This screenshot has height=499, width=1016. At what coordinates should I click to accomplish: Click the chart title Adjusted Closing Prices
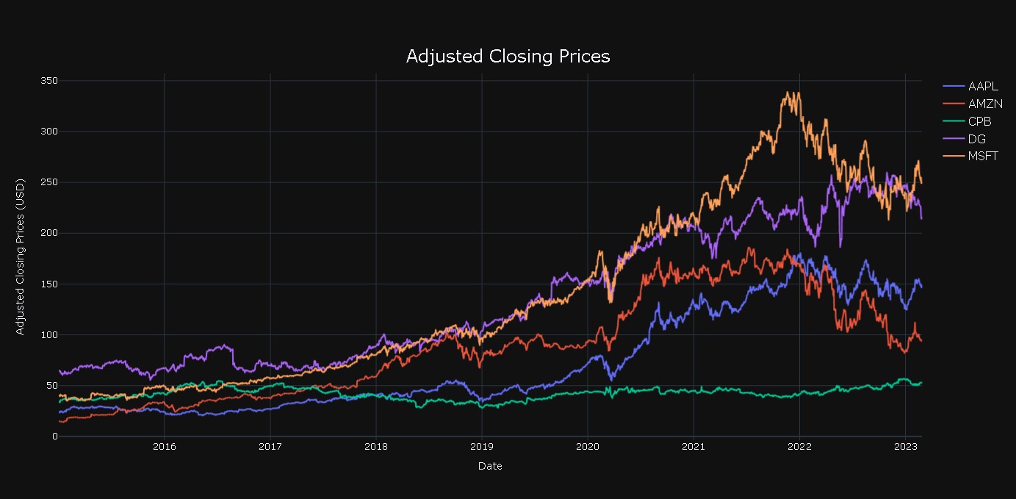click(508, 57)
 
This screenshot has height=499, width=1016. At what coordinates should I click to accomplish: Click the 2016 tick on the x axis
click(164, 446)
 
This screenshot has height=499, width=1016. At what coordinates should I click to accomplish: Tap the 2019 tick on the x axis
click(481, 446)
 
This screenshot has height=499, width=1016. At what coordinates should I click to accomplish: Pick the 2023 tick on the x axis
click(905, 446)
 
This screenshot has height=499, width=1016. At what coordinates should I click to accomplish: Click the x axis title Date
click(490, 466)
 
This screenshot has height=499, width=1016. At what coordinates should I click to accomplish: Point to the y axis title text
click(21, 256)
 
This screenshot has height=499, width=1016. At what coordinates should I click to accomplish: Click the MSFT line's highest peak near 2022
click(790, 93)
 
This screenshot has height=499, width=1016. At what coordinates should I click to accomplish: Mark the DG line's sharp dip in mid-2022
click(840, 246)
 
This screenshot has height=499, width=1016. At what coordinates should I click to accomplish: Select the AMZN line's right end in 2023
click(921, 340)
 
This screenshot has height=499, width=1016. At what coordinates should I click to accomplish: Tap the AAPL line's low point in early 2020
click(611, 380)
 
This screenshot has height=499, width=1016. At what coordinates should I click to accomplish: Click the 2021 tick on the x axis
click(693, 446)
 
